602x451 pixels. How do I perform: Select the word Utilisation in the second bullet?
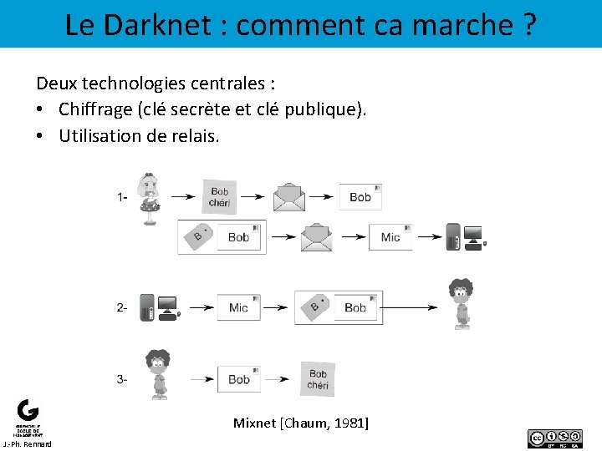pos(99,135)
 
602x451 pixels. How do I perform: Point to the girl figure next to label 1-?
pos(151,199)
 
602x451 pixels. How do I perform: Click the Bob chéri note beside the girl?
pos(219,197)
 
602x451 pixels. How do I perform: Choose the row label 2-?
pos(122,307)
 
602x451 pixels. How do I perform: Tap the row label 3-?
pos(122,379)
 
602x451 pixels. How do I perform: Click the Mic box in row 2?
pos(239,307)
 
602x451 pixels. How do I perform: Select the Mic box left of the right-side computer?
pos(390,237)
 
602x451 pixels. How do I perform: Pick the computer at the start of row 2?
pos(158,307)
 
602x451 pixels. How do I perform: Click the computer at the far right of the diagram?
pos(464,237)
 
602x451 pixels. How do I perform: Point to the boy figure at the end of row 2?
pos(459,305)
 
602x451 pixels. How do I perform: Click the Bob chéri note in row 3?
pos(318,378)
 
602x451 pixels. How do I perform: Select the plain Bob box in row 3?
pos(239,379)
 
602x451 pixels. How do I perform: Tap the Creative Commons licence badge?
pos(554,438)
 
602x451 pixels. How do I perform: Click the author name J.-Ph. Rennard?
pos(27,444)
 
